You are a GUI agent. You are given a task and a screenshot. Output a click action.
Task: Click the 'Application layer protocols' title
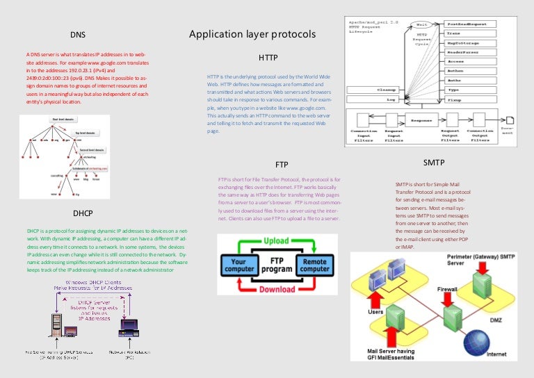252,34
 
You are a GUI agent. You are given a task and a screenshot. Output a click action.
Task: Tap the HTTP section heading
268,57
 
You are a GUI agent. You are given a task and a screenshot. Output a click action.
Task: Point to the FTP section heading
282,165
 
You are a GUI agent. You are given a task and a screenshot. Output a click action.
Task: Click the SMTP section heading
434,163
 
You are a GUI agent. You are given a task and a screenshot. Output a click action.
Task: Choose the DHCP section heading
83,213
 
